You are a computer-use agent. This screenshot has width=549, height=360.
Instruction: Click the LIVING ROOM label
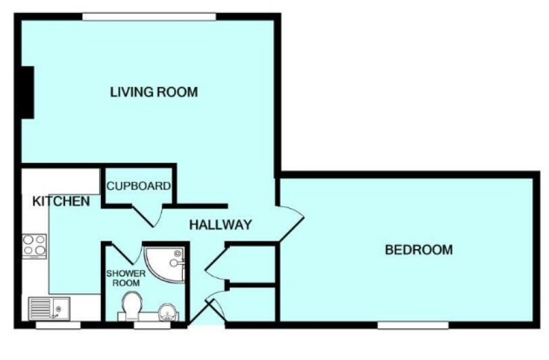pyautogui.click(x=154, y=92)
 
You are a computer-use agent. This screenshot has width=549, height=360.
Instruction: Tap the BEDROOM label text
pyautogui.click(x=419, y=250)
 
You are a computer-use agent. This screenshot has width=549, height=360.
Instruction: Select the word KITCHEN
pyautogui.click(x=61, y=201)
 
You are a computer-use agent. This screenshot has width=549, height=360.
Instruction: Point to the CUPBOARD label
pyautogui.click(x=139, y=186)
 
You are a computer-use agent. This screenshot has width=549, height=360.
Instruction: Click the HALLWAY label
pyautogui.click(x=221, y=224)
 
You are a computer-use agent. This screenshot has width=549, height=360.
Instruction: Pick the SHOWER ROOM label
pyautogui.click(x=126, y=278)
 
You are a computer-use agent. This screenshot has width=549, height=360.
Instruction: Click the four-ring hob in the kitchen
pyautogui.click(x=34, y=246)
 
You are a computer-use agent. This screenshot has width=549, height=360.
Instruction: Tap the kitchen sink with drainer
pyautogui.click(x=50, y=308)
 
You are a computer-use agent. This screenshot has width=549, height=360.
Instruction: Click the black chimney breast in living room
pyautogui.click(x=28, y=92)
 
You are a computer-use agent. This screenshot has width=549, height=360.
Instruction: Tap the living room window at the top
pyautogui.click(x=149, y=17)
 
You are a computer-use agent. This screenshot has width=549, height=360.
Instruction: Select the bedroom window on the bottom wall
pyautogui.click(x=413, y=325)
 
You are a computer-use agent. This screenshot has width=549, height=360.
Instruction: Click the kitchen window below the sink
pyautogui.click(x=58, y=325)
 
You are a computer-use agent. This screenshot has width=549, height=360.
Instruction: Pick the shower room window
pyautogui.click(x=152, y=325)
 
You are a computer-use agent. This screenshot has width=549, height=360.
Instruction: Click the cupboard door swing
pyautogui.click(x=147, y=216)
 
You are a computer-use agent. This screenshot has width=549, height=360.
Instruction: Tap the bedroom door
pyautogui.click(x=291, y=224)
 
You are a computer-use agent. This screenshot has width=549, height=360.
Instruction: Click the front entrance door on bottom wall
pyautogui.click(x=206, y=310)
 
